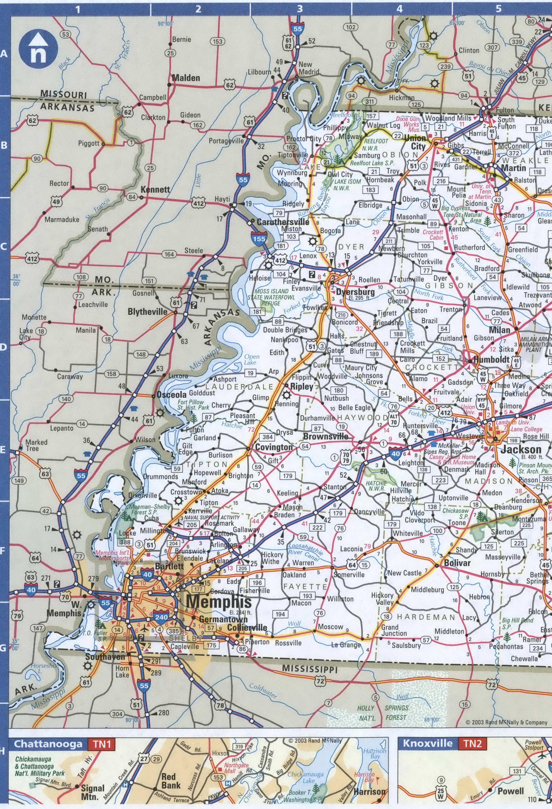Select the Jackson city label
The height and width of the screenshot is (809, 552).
click(521, 449)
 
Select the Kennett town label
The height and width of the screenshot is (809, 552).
click(155, 189)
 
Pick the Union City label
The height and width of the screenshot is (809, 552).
click(415, 142)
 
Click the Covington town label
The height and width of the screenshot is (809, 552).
click(274, 447)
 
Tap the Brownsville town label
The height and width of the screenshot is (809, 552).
click(325, 436)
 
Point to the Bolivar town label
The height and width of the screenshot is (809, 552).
click(457, 563)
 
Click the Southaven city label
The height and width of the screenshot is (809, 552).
click(105, 656)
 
